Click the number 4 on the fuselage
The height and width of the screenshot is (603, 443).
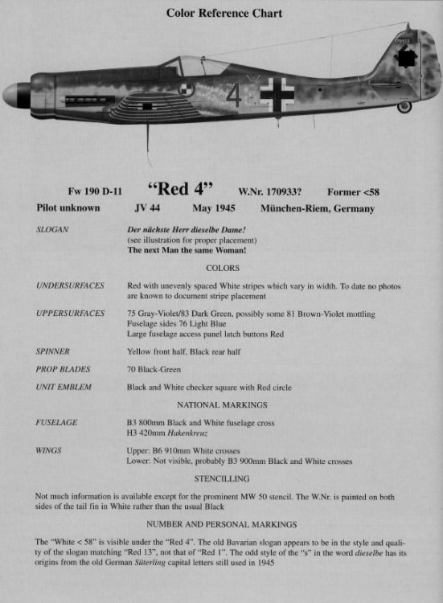pos(233,96)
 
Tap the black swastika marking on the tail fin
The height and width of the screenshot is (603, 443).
pos(407,57)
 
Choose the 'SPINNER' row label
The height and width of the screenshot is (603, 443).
pos(54,352)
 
